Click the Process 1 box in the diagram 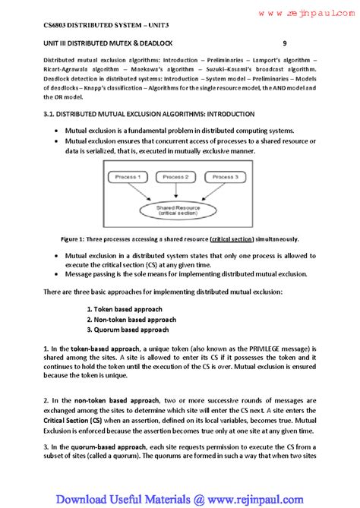128,176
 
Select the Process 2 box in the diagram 175,176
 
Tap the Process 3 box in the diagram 224,176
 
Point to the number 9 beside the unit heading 284,43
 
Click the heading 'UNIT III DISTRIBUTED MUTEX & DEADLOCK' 113,43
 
